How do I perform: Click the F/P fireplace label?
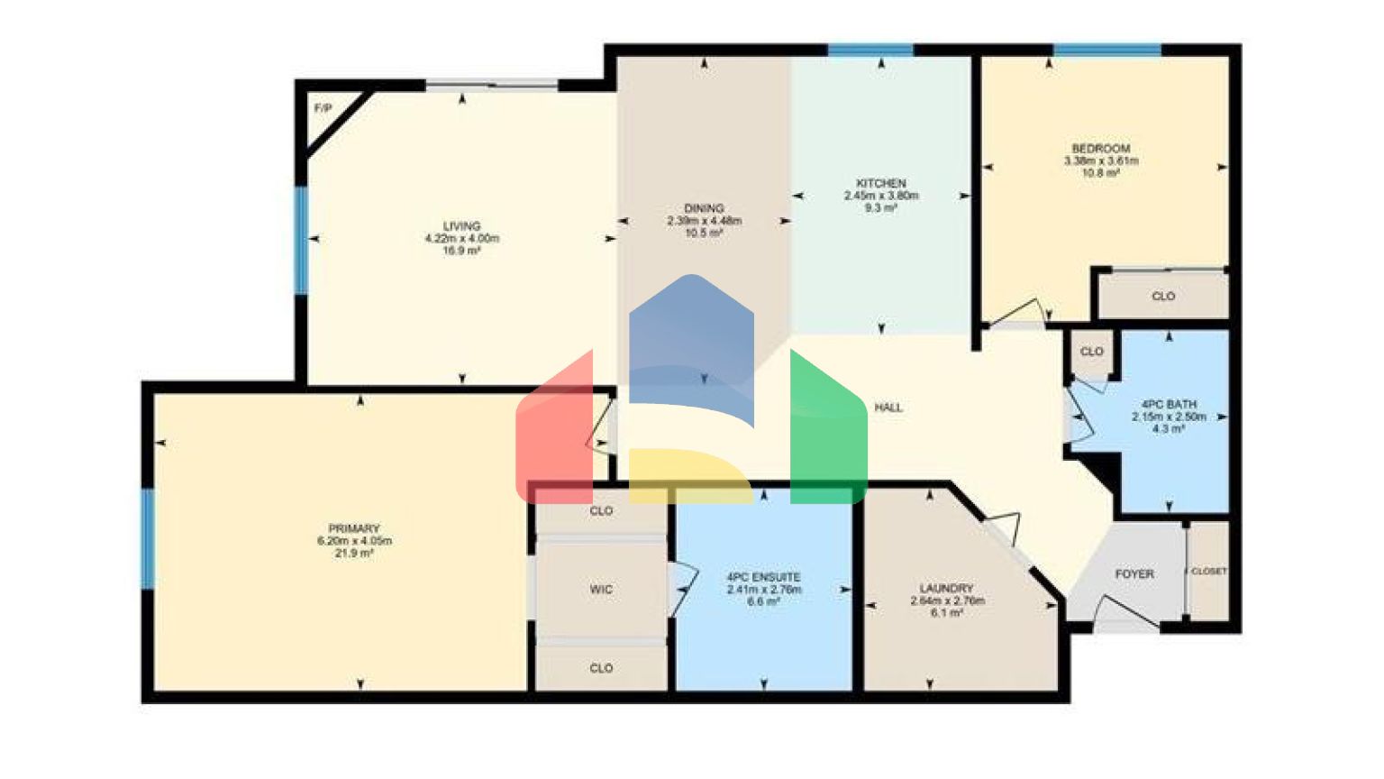click(323, 108)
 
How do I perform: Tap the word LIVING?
click(461, 226)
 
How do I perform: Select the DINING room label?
click(704, 208)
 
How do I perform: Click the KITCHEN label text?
click(880, 183)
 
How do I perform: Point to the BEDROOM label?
click(1100, 149)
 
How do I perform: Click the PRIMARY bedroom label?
click(354, 528)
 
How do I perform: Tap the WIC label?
click(601, 590)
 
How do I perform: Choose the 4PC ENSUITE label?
click(763, 577)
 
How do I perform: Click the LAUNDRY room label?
click(947, 588)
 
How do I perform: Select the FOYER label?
click(1134, 573)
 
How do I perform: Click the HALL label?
click(888, 408)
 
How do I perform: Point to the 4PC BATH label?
click(1169, 405)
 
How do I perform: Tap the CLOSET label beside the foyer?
click(1208, 572)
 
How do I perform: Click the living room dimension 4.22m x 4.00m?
click(461, 239)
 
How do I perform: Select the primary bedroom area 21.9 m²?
click(354, 554)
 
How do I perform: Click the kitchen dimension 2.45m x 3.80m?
click(880, 196)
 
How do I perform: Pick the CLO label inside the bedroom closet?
click(1163, 296)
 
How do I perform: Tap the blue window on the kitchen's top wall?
click(870, 50)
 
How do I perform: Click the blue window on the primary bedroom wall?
click(148, 538)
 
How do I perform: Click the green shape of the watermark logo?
click(826, 433)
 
